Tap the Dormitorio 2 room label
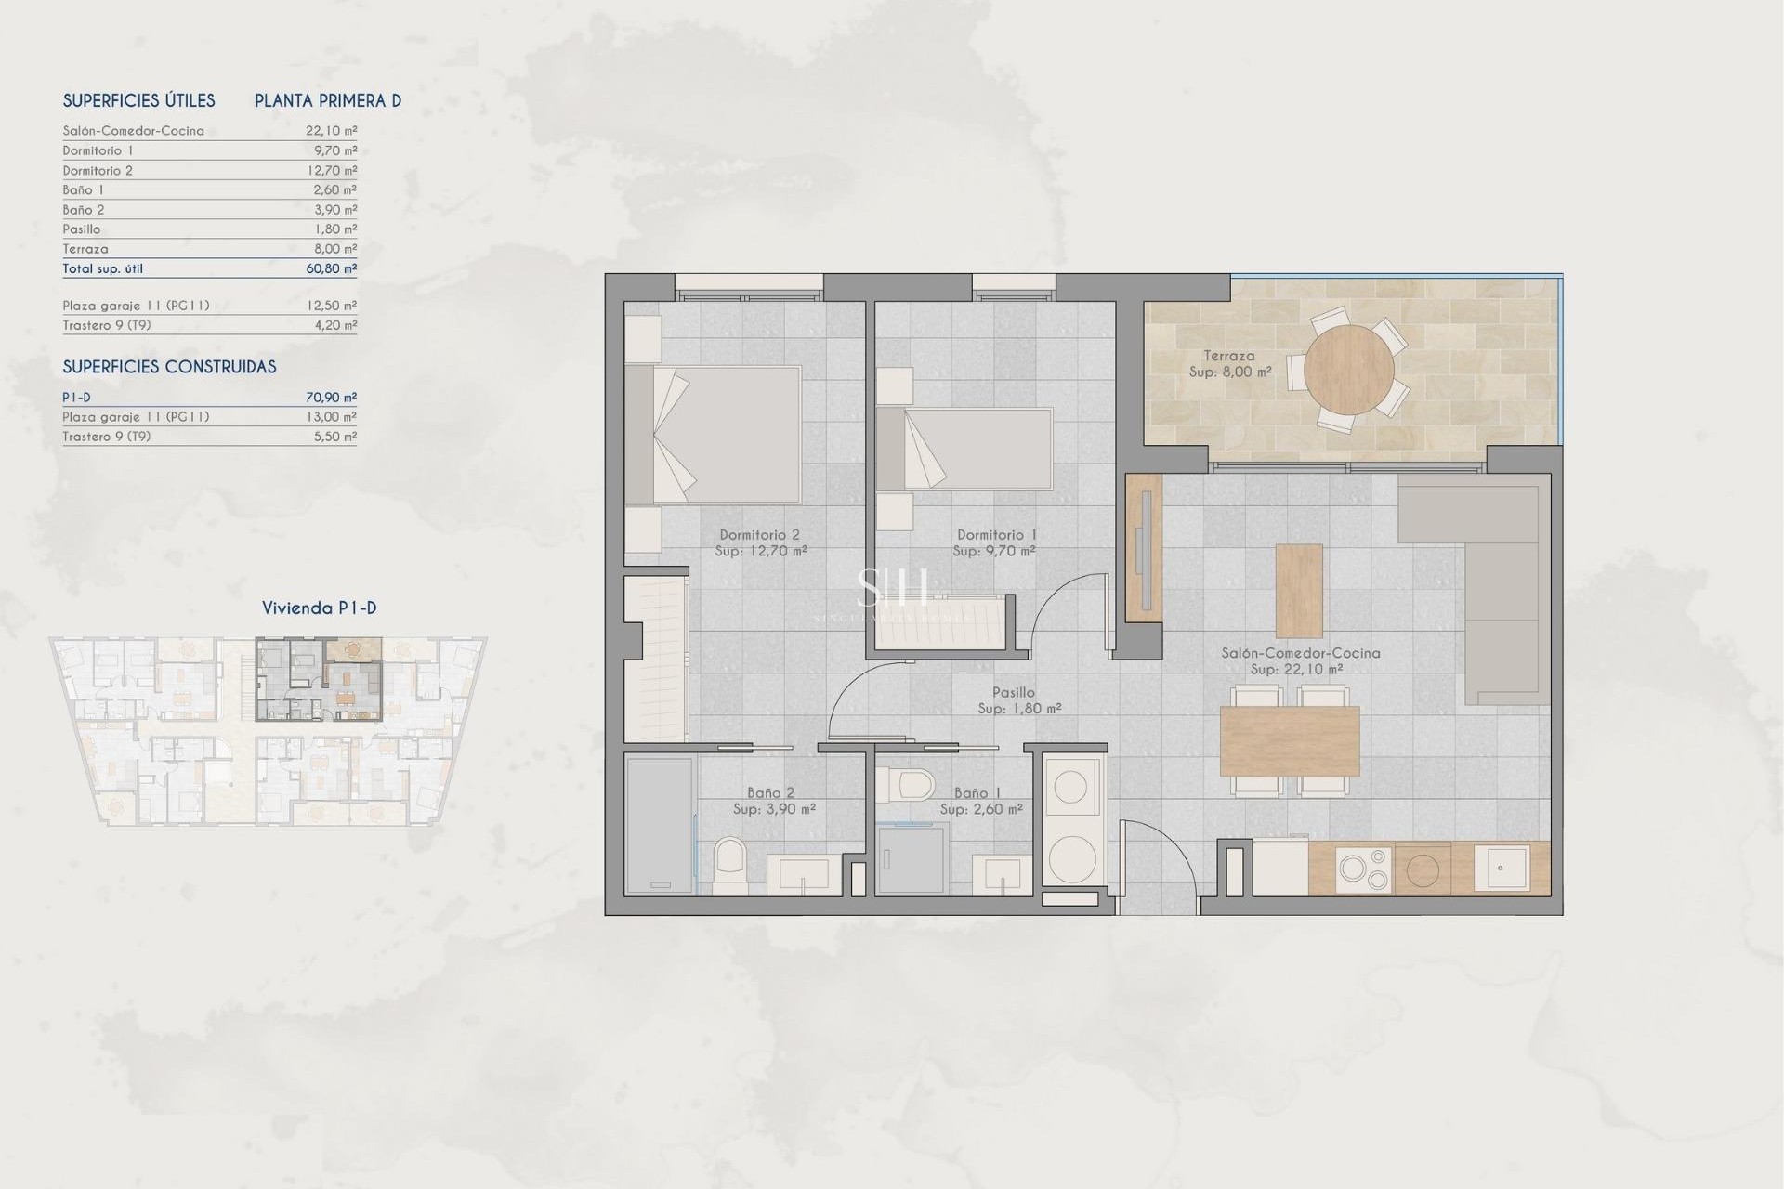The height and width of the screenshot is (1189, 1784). (x=759, y=535)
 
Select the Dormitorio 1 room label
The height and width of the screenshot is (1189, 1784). (x=996, y=535)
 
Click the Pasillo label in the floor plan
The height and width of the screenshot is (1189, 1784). (x=1013, y=692)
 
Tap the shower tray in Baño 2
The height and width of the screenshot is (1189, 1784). (x=659, y=825)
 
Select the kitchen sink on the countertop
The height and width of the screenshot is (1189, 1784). (x=1502, y=869)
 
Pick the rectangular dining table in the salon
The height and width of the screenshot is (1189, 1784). (x=1289, y=741)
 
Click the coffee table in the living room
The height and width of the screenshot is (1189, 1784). (x=1299, y=590)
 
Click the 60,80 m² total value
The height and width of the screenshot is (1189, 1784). (x=331, y=268)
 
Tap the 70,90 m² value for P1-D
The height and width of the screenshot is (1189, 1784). (x=331, y=398)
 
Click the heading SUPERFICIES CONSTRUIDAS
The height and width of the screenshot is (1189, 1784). (x=169, y=367)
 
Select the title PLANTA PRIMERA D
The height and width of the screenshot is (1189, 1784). (x=328, y=101)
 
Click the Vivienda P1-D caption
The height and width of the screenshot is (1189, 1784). (x=319, y=608)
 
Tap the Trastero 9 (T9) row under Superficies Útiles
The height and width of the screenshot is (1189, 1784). (x=107, y=325)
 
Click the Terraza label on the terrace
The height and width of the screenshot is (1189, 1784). (x=1228, y=356)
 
